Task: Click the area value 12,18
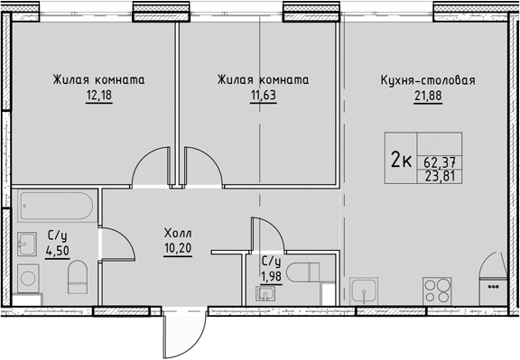point(99,96)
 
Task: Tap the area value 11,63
point(264,96)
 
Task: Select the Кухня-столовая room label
point(428,80)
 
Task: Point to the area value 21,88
point(428,96)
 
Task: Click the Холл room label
point(178,234)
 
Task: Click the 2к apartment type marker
point(401,159)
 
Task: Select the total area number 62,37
point(440,162)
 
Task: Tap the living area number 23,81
point(440,176)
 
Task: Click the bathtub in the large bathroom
point(55,206)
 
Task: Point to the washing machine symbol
point(28,279)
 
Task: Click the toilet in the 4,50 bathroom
point(78,278)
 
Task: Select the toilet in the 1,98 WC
point(302,272)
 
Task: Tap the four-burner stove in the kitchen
point(437,291)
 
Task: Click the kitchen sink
point(364,291)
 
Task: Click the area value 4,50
point(58,251)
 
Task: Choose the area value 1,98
point(271,276)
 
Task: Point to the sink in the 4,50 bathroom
point(26,244)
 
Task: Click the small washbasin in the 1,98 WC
point(265,294)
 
